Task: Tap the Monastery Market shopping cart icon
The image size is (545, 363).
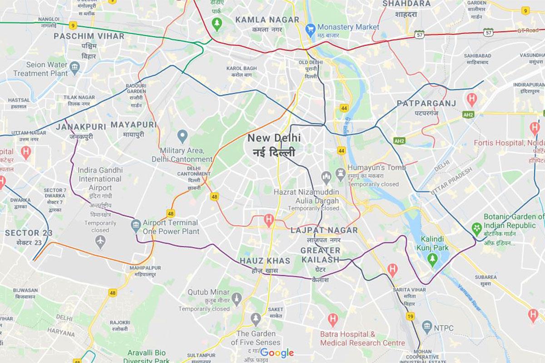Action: click(x=311, y=27)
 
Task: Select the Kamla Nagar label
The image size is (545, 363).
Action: click(x=268, y=20)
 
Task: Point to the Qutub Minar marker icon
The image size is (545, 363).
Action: click(x=236, y=298)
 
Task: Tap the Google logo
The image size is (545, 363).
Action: click(x=277, y=353)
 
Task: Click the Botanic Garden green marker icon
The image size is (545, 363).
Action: click(x=476, y=226)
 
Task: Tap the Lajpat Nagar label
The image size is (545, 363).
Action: click(x=324, y=231)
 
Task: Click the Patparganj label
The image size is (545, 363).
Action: click(x=426, y=103)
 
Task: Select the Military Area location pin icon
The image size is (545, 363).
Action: click(x=182, y=135)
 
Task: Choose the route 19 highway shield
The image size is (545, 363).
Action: click(x=411, y=316)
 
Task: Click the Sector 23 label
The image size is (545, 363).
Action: click(x=29, y=233)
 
